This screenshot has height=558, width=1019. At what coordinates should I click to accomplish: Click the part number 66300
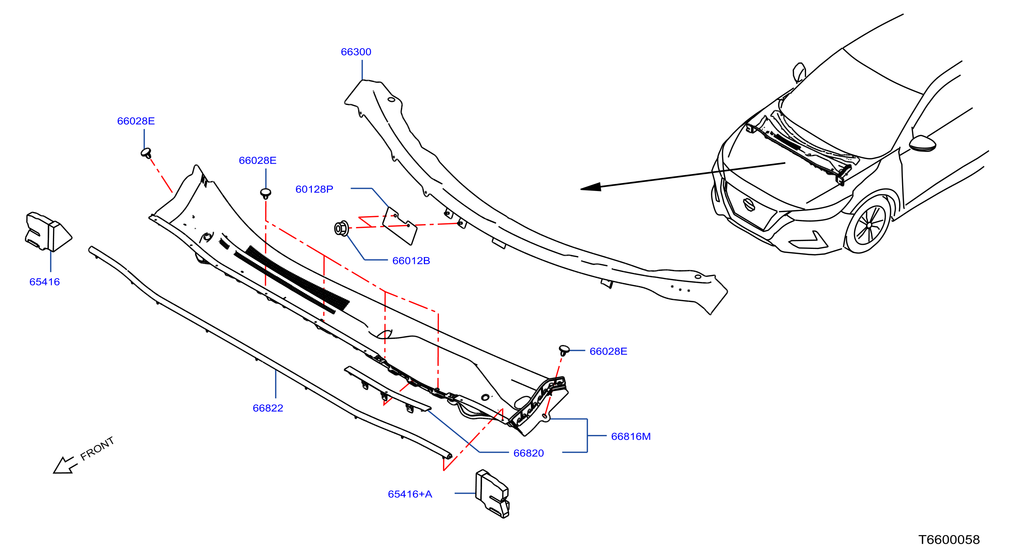(x=356, y=52)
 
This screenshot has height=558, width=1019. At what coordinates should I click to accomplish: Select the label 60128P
(x=314, y=189)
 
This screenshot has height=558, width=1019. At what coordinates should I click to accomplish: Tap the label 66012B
(x=411, y=261)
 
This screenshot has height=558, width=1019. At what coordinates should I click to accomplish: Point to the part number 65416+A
(x=410, y=494)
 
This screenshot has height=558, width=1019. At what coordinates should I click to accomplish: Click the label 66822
(x=268, y=408)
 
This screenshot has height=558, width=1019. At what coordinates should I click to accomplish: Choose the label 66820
(x=529, y=453)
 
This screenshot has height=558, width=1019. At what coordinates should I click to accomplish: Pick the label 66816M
(x=631, y=437)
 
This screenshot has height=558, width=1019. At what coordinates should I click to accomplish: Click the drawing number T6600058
(x=949, y=540)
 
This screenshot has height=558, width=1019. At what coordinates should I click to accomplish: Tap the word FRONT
(x=97, y=449)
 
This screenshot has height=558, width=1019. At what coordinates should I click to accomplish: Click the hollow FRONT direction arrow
(x=65, y=465)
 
